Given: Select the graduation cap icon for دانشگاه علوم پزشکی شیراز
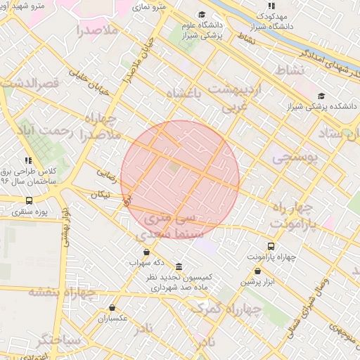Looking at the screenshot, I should pyautogui.click(x=202, y=15).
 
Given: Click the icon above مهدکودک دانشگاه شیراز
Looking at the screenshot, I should pyautogui.click(x=271, y=6).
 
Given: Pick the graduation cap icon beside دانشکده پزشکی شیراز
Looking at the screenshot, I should pyautogui.click(x=321, y=96).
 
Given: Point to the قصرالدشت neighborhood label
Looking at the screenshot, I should pyautogui.click(x=33, y=82).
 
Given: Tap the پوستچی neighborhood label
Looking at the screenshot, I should pyautogui.click(x=295, y=157).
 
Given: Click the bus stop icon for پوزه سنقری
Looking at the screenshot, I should pyautogui.click(x=29, y=200).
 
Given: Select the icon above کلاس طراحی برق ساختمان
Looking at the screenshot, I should pyautogui.click(x=29, y=160).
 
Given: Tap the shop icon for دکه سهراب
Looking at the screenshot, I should pyautogui.click(x=146, y=252).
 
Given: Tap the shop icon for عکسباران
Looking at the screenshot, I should pyautogui.click(x=112, y=307).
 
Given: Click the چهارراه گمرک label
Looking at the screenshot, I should pyautogui.click(x=236, y=309).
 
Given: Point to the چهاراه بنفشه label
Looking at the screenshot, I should pyautogui.click(x=61, y=293).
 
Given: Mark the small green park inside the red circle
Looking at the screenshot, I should pyautogui.click(x=174, y=167).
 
